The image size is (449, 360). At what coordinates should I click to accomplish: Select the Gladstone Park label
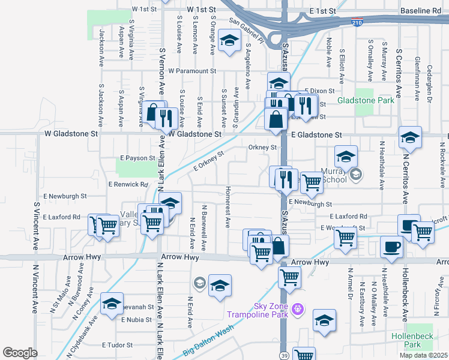366,100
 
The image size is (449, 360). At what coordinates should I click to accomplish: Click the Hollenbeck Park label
412,340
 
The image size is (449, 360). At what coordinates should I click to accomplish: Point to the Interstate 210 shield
357,22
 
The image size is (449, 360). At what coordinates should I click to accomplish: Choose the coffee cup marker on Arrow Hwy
391,247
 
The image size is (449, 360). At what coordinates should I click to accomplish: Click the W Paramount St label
192,71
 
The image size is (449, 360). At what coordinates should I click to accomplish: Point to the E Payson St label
137,158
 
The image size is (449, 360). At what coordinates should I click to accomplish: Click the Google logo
20,353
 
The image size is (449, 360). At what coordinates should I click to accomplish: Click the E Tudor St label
116,345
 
